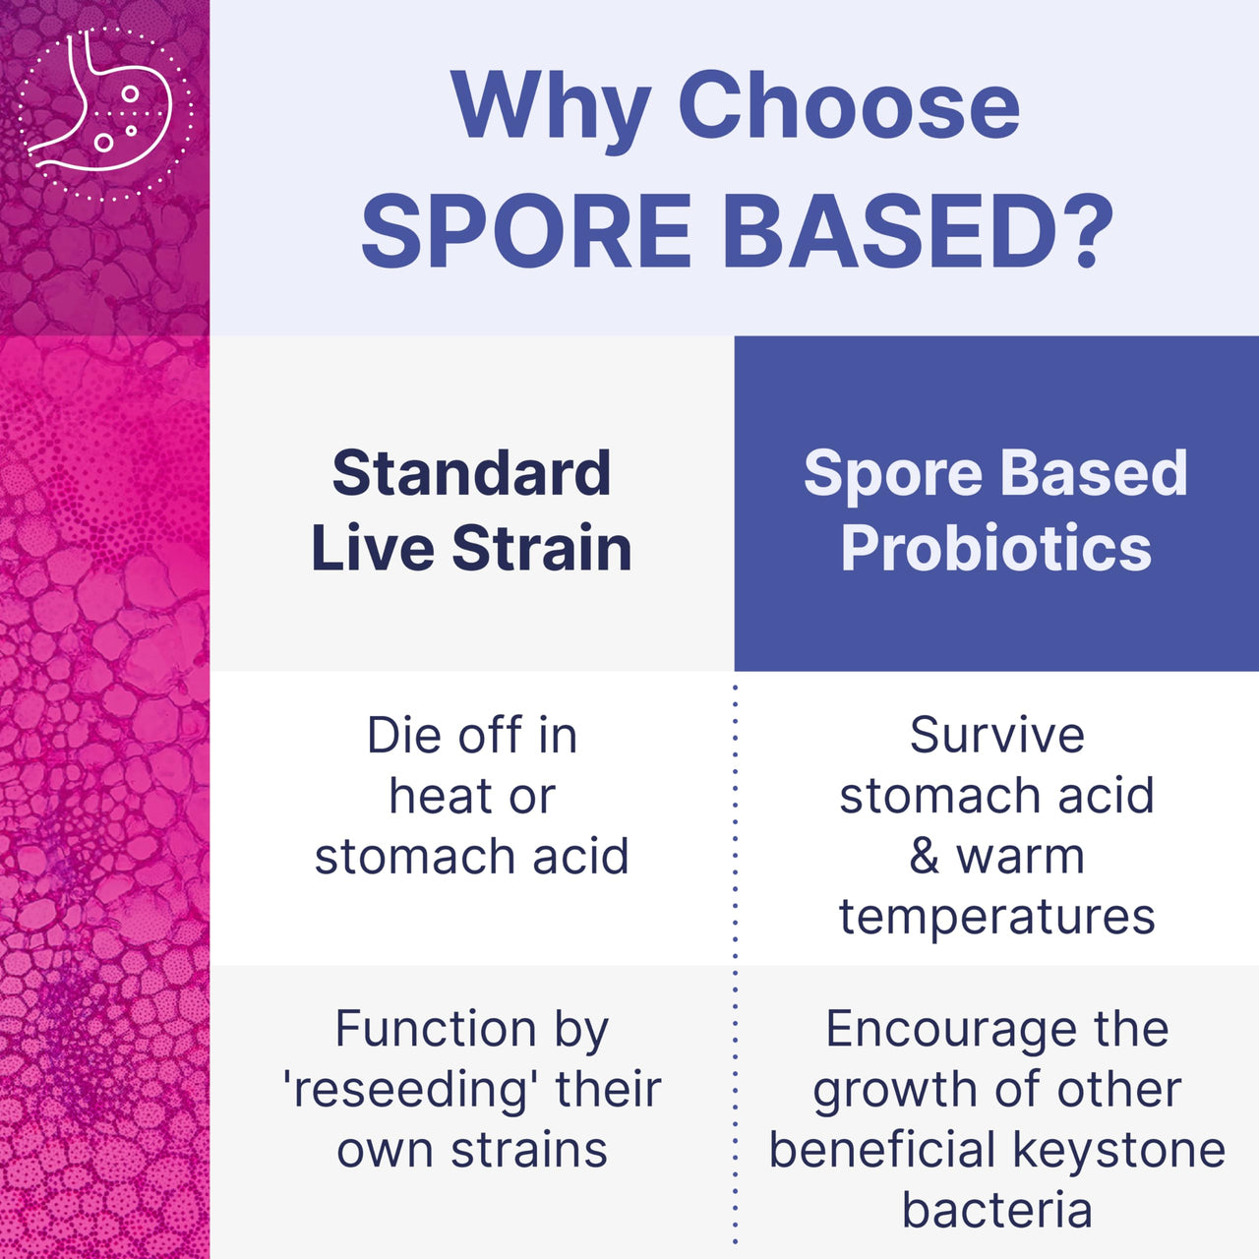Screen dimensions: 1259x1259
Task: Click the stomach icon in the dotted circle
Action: point(104,111)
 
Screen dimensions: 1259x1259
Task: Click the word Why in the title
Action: point(550,106)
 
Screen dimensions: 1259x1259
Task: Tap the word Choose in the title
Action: point(849,106)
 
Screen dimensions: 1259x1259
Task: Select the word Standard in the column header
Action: point(471,473)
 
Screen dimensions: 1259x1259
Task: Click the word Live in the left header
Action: point(372,548)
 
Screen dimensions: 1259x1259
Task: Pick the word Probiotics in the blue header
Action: point(995,548)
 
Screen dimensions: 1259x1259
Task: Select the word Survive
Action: point(996,736)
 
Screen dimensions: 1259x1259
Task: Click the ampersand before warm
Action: point(924,857)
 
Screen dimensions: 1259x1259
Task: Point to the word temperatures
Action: point(996,918)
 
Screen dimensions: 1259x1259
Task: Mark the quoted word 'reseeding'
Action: point(410,1090)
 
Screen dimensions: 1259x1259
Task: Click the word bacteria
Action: point(996,1210)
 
